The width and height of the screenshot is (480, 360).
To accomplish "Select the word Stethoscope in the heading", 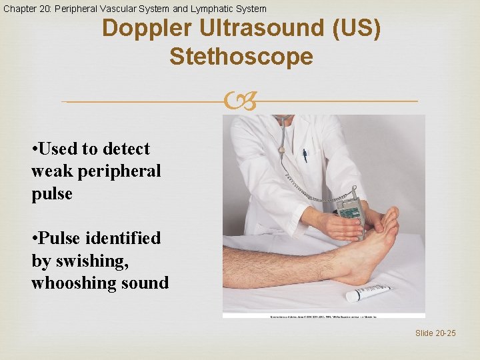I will [x=241, y=57].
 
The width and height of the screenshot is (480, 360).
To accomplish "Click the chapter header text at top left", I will [x=134, y=9].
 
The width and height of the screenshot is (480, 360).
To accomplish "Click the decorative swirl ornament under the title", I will [x=240, y=102].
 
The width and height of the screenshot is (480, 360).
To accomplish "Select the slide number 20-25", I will [x=435, y=333].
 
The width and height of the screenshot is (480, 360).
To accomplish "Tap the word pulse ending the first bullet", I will [x=52, y=193].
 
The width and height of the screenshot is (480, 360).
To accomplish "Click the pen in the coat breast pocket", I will [x=304, y=155].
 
